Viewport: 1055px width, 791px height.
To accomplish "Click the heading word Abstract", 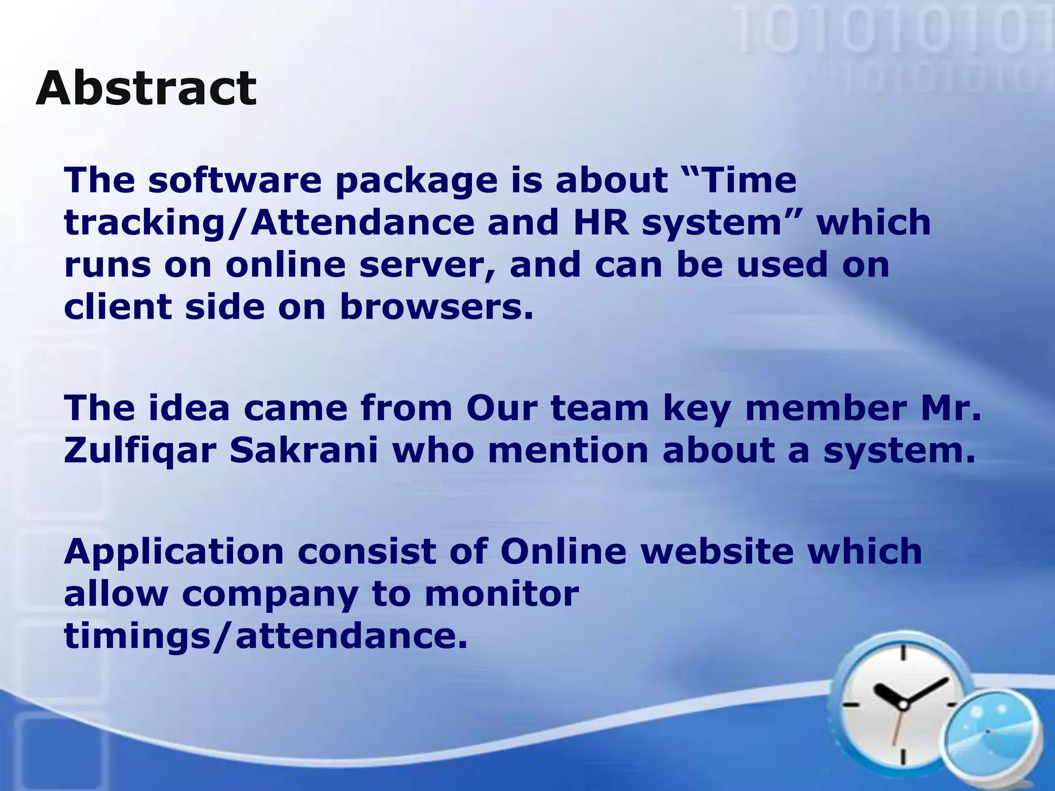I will (x=146, y=88).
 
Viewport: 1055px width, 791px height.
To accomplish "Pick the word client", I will (x=117, y=307).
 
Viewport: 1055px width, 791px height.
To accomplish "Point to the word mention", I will (x=568, y=450).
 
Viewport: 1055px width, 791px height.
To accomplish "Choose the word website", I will (x=717, y=551).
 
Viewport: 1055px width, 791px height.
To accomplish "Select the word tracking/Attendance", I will (x=269, y=223).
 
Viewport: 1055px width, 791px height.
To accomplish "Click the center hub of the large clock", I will (x=903, y=704).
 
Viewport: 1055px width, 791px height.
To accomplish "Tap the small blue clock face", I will (x=988, y=732).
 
